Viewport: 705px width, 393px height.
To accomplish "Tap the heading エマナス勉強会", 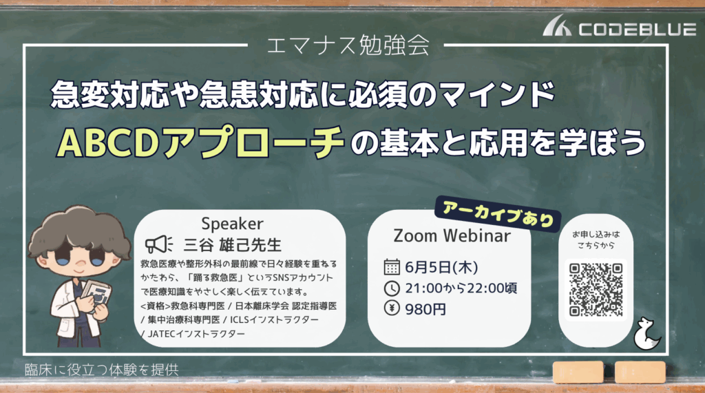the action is click(348, 45).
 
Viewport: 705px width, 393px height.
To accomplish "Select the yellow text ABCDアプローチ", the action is click(200, 142).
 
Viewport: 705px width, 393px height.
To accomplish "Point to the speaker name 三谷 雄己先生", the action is click(233, 245).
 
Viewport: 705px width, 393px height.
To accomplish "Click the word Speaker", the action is click(232, 224).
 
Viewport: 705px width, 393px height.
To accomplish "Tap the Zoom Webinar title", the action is click(452, 235).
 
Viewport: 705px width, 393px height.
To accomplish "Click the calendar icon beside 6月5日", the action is click(392, 267).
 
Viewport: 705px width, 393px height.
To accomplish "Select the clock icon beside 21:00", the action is click(392, 288).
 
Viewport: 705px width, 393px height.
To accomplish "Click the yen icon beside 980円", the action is click(392, 308).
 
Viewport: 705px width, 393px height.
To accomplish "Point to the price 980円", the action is click(425, 309).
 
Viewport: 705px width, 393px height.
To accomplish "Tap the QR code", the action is click(596, 290).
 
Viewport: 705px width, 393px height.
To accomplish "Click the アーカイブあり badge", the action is click(498, 213).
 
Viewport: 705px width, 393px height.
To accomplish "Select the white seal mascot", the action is click(646, 333).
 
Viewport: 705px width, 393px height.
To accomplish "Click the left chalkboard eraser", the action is click(578, 372).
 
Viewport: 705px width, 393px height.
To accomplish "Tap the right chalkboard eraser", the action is click(640, 372).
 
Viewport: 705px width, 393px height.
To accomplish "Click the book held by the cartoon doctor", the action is click(96, 295).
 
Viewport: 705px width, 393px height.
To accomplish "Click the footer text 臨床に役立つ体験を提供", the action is click(102, 370).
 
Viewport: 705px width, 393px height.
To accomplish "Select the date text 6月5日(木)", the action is click(441, 268).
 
